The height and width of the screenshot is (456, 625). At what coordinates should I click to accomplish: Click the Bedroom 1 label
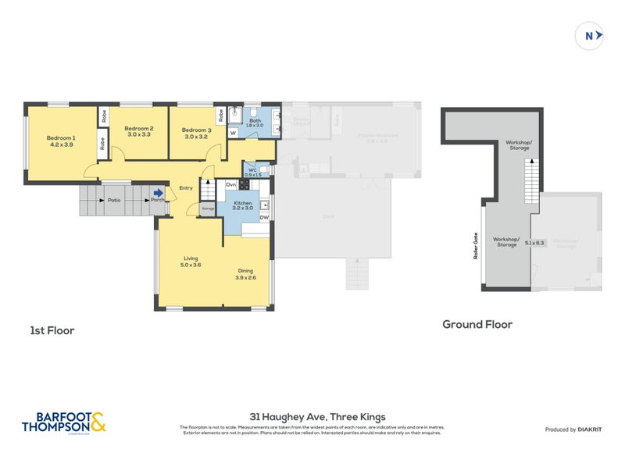pyautogui.click(x=62, y=137)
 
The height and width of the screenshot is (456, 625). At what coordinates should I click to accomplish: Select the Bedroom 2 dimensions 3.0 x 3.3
pyautogui.click(x=138, y=135)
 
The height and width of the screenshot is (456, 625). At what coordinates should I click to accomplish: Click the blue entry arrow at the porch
pyautogui.click(x=159, y=193)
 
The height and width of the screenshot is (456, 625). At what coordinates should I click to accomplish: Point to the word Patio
pyautogui.click(x=115, y=200)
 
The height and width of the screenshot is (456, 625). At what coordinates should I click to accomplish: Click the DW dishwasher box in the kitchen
pyautogui.click(x=265, y=218)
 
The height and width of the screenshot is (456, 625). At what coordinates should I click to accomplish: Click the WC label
pyautogui.click(x=252, y=169)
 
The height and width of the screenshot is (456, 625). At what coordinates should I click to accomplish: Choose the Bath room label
pyautogui.click(x=255, y=120)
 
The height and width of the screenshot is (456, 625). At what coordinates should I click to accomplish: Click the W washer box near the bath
pyautogui.click(x=233, y=134)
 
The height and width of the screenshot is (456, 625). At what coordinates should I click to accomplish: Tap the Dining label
pyautogui.click(x=246, y=272)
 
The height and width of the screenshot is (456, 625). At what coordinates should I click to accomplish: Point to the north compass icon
pyautogui.click(x=590, y=35)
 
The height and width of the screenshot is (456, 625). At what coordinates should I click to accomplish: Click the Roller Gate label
pyautogui.click(x=475, y=248)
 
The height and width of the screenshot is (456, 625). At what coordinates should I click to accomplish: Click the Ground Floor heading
pyautogui.click(x=477, y=324)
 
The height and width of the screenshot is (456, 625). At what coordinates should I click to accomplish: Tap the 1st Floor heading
pyautogui.click(x=52, y=330)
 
